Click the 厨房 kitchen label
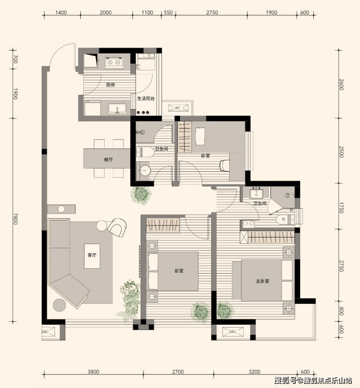click(x=110, y=85)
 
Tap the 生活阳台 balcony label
click(x=146, y=98)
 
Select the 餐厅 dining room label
click(x=108, y=160)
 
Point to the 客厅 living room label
click(x=92, y=255)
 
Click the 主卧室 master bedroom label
click(x=262, y=281)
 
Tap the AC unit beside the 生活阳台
click(x=178, y=108)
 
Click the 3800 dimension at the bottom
click(x=93, y=371)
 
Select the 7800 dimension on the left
click(x=16, y=219)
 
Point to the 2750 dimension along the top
click(x=212, y=12)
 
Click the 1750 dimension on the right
click(x=342, y=208)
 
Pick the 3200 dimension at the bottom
click(x=254, y=371)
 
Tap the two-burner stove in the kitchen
click(x=114, y=62)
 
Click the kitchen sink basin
click(x=117, y=109)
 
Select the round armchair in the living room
click(x=117, y=227)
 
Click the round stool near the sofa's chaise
click(x=59, y=305)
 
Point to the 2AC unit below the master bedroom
click(x=233, y=332)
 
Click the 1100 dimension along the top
click(x=147, y=12)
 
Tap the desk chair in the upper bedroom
click(x=224, y=166)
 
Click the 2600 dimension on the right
click(x=342, y=84)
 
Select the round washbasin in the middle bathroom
click(x=144, y=171)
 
